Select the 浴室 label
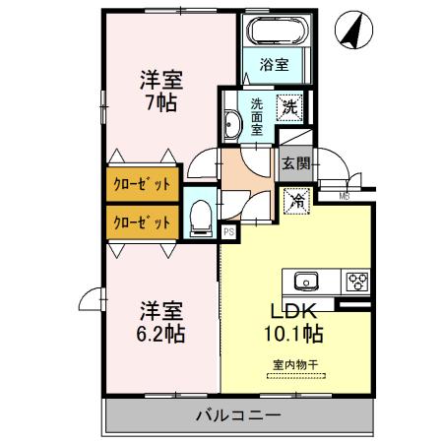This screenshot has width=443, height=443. [274, 66]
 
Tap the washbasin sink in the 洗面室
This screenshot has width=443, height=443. [232, 125]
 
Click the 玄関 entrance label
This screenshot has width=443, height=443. [296, 164]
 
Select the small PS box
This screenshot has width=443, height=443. [227, 232]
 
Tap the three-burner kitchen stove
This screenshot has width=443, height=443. [354, 282]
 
